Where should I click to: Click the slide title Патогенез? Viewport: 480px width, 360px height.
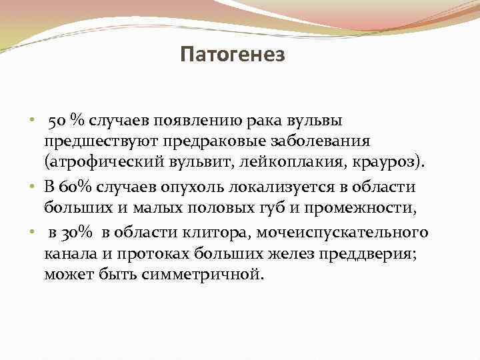tap(232, 54)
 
